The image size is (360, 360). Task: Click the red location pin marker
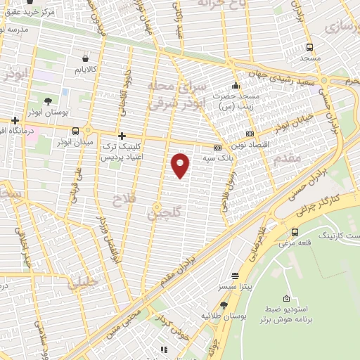coord(181,165)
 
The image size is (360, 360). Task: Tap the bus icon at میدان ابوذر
coord(75,131)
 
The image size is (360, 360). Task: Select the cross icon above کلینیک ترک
coord(122,135)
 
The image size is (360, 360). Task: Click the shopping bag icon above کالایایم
coord(85,58)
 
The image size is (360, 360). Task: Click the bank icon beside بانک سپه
coord(217,148)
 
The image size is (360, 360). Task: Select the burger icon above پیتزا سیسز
coord(234,276)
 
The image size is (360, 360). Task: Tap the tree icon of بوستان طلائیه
coord(224,304)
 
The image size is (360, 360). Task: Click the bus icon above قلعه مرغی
coord(293,232)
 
